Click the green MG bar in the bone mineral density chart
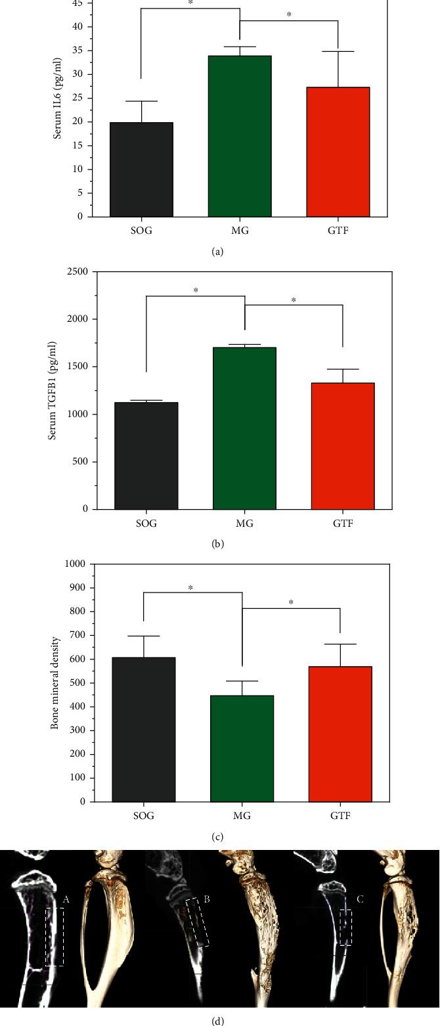point(242,748)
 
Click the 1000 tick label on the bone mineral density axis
point(77,564)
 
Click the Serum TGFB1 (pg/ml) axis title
point(53,390)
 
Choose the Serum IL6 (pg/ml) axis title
point(57,99)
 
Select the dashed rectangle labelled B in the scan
point(197,922)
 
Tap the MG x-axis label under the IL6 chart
point(239,232)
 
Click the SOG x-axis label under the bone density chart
point(144,816)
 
